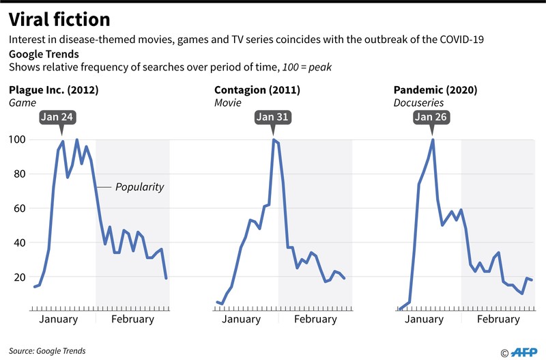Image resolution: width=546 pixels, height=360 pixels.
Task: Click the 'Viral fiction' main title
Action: [59, 18]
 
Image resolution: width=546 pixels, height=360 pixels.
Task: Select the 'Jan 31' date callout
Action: [273, 117]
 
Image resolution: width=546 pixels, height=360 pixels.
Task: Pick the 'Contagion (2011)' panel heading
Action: [257, 90]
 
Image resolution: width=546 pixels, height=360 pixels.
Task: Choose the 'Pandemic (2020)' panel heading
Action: [435, 90]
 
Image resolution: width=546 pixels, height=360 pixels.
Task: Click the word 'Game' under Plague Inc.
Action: [20, 102]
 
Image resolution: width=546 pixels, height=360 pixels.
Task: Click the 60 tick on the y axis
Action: [19, 208]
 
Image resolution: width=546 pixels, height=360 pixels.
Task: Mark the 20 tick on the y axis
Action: [19, 277]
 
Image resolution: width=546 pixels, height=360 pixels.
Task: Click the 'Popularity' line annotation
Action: [139, 186]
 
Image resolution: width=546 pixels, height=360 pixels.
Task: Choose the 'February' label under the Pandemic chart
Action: [498, 319]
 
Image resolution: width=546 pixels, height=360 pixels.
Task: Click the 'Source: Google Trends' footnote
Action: [48, 350]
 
